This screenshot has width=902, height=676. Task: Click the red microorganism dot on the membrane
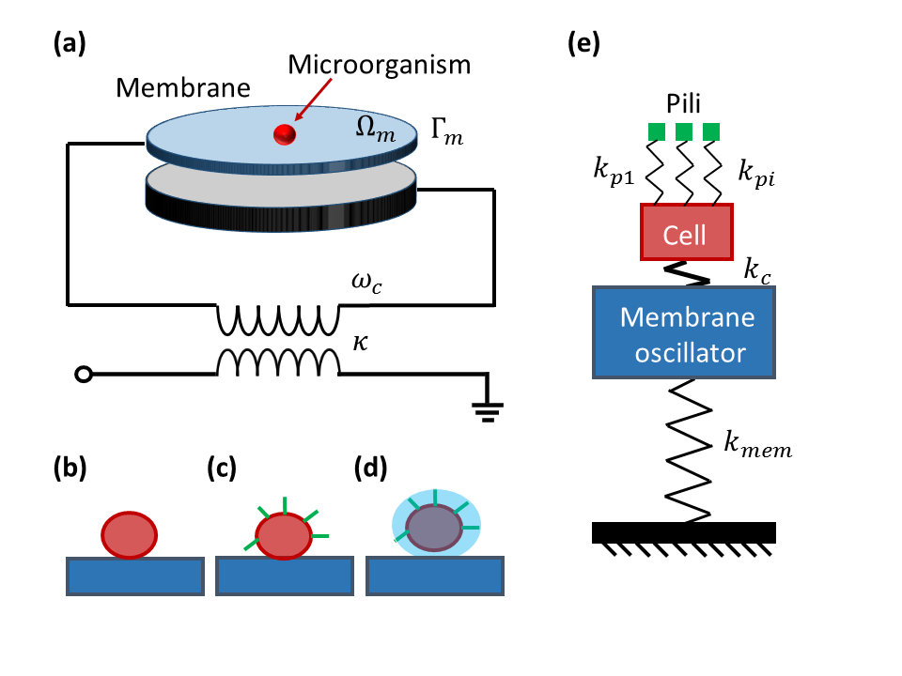pos(283,136)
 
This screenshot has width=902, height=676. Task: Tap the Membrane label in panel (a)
pos(183,89)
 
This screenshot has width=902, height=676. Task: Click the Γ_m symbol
pos(447,132)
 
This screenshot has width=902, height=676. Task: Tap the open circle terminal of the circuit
pos(84,375)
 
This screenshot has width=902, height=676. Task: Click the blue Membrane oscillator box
pos(685,331)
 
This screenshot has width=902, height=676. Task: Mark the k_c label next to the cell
pos(757,272)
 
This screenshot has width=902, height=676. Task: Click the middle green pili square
pos(685,130)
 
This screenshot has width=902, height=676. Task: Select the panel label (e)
pos(583,43)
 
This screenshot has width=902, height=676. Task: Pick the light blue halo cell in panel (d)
pos(436,527)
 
